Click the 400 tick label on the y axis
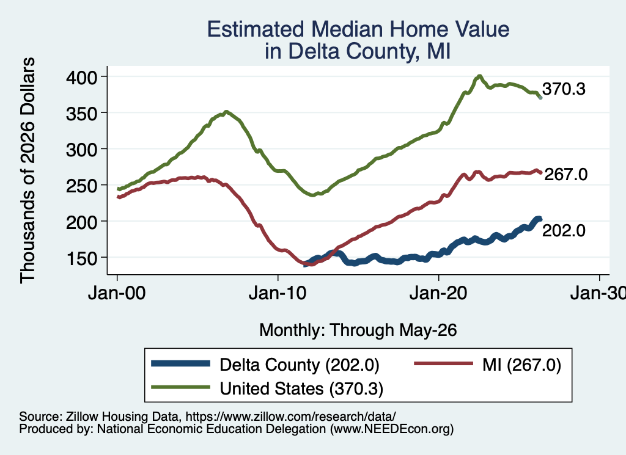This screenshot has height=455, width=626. (x=81, y=77)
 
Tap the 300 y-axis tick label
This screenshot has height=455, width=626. (x=81, y=150)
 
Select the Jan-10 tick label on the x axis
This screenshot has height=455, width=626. (x=278, y=294)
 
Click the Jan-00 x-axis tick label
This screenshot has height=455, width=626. (x=117, y=294)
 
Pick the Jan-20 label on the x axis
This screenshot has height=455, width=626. (x=438, y=294)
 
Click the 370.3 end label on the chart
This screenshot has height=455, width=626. (x=564, y=89)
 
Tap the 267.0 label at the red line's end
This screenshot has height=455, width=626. (x=565, y=174)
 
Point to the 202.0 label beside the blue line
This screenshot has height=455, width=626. (x=564, y=230)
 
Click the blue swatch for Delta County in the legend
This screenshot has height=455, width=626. (x=180, y=363)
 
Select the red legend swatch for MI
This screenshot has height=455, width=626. (x=444, y=363)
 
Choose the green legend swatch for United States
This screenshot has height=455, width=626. (x=180, y=387)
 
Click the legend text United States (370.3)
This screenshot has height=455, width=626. (x=301, y=389)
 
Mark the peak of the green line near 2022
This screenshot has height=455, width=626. (x=479, y=76)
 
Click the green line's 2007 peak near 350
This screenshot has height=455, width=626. (x=226, y=112)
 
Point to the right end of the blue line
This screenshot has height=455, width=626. (x=540, y=219)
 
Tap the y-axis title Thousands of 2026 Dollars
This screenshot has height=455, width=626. (x=28, y=170)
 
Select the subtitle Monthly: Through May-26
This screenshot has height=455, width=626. (x=358, y=330)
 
